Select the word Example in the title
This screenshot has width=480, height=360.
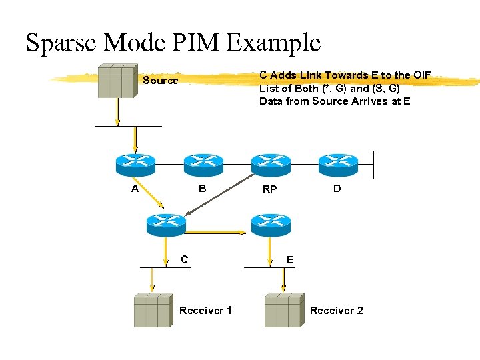coord(273,43)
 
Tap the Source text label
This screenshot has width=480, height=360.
coord(161,81)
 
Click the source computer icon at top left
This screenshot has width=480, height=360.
coord(117,81)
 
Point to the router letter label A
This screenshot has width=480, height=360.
coord(135,189)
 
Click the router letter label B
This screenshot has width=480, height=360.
coord(203,189)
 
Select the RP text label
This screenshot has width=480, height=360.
coord(269,189)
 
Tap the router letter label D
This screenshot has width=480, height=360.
coord(337,189)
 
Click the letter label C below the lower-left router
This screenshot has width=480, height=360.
coord(185,259)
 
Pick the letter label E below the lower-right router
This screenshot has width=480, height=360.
coord(290,259)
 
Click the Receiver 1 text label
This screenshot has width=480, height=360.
coord(205,311)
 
